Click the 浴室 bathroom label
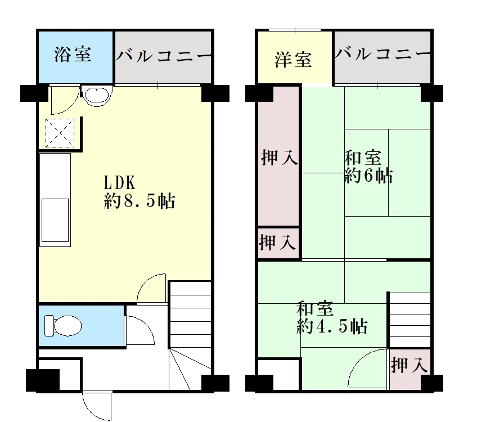pyautogui.click(x=73, y=54)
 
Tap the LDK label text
pyautogui.click(x=119, y=183)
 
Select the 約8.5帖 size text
pyautogui.click(x=139, y=201)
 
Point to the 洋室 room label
pyautogui.click(x=293, y=60)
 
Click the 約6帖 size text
pyautogui.click(x=368, y=176)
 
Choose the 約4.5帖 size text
pyautogui.click(x=332, y=326)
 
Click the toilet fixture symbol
pyautogui.click(x=63, y=326)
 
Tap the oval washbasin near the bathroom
pyautogui.click(x=97, y=95)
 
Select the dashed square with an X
pyautogui.click(x=60, y=133)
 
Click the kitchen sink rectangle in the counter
pyautogui.click(x=55, y=220)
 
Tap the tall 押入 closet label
pyautogui.click(x=279, y=157)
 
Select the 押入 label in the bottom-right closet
pyautogui.click(x=409, y=365)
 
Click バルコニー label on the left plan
pyautogui.click(x=164, y=56)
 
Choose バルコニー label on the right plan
pyautogui.click(x=383, y=53)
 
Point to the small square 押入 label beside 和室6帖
pyautogui.click(x=277, y=243)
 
